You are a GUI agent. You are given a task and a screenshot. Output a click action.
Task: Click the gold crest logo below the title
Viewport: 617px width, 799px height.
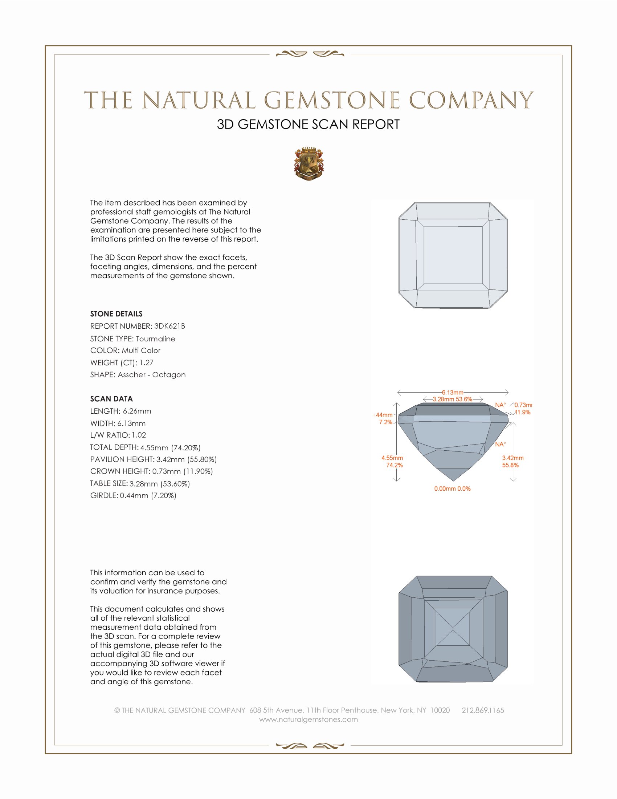pyautogui.click(x=308, y=164)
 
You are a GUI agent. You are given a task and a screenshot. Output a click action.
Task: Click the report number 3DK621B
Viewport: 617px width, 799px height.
pyautogui.click(x=169, y=326)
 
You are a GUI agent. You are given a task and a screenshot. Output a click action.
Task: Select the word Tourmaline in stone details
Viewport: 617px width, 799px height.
pyautogui.click(x=155, y=339)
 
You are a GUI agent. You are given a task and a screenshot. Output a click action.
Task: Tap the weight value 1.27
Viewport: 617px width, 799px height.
pyautogui.click(x=146, y=362)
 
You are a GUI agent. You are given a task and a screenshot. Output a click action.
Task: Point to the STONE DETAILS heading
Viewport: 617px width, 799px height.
pyautogui.click(x=116, y=314)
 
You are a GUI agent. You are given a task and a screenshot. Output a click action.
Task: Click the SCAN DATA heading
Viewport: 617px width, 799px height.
pyautogui.click(x=111, y=399)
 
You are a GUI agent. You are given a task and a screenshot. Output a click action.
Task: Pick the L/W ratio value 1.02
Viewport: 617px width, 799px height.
pyautogui.click(x=139, y=435)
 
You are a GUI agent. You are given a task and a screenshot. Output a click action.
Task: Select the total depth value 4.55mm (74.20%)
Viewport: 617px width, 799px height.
pyautogui.click(x=170, y=447)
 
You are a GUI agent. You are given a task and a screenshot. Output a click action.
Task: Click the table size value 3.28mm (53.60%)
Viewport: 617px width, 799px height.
pyautogui.click(x=160, y=484)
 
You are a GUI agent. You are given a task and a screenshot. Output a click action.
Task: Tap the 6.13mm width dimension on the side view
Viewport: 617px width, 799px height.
pyautogui.click(x=453, y=393)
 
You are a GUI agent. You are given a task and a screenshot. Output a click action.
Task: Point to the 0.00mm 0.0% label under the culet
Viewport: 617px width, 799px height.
pyautogui.click(x=452, y=489)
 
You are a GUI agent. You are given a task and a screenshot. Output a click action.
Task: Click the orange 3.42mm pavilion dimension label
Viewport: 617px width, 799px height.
pyautogui.click(x=512, y=458)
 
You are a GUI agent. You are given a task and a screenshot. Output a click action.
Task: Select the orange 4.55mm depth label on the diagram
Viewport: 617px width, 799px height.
pyautogui.click(x=392, y=458)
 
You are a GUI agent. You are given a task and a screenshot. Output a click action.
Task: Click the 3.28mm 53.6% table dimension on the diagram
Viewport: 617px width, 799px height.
pyautogui.click(x=453, y=399)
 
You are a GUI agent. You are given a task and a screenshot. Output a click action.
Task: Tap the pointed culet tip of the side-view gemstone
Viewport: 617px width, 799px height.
pyautogui.click(x=453, y=480)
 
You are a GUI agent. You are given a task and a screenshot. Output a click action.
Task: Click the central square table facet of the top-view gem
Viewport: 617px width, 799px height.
pyautogui.click(x=453, y=255)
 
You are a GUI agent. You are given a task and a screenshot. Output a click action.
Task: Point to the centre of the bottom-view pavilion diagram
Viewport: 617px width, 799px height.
pyautogui.click(x=453, y=629)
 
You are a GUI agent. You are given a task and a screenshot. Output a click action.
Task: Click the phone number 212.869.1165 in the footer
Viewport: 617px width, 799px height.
pyautogui.click(x=482, y=710)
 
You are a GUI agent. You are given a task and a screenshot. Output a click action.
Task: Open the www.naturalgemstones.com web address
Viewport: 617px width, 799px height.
pyautogui.click(x=308, y=719)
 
